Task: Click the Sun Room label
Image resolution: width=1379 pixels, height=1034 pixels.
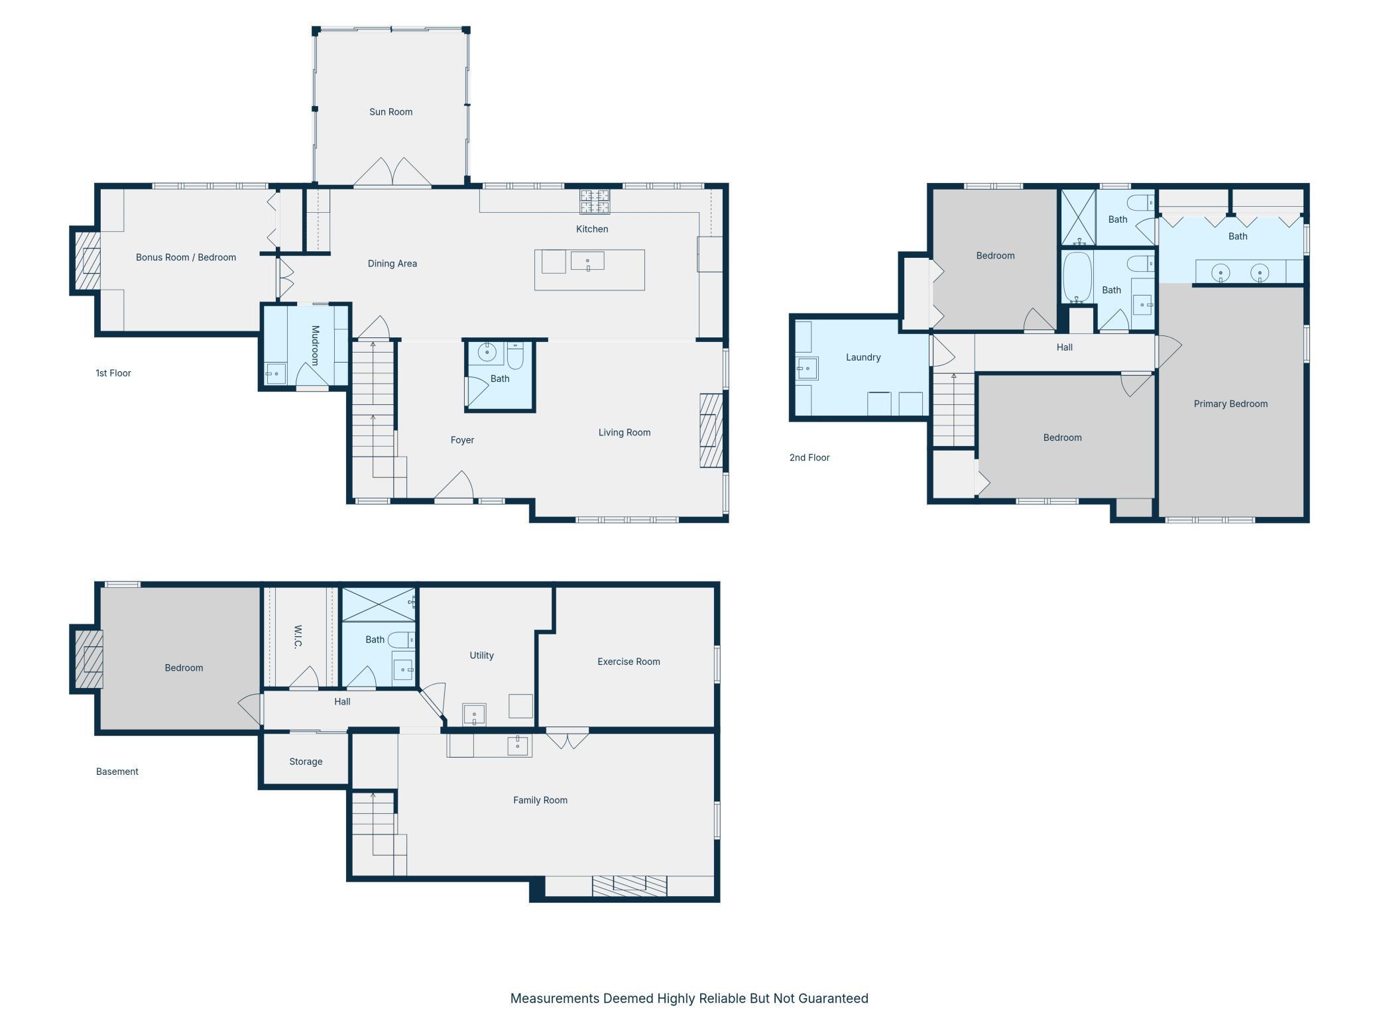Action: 390,112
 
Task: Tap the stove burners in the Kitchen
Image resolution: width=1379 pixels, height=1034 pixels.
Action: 595,201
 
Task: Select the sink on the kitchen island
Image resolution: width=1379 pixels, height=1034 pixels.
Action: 587,261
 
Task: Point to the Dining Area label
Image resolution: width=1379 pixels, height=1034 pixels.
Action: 392,264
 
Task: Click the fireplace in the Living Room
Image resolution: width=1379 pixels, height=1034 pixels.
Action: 711,431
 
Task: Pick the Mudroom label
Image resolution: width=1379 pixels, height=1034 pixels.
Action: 316,345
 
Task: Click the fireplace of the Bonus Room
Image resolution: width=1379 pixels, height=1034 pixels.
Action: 87,260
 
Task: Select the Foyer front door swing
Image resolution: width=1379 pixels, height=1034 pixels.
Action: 454,485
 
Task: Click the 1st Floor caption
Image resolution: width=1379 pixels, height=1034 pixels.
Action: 113,373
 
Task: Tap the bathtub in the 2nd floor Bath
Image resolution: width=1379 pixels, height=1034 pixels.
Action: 1077,277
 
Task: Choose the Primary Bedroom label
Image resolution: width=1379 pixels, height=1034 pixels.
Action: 1230,404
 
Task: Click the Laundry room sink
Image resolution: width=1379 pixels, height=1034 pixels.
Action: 807,368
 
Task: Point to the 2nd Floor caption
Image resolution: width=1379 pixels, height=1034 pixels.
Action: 809,457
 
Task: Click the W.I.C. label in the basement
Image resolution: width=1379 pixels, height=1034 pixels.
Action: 298,636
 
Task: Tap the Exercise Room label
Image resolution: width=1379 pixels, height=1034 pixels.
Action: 629,661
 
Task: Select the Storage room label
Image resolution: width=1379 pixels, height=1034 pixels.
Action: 306,762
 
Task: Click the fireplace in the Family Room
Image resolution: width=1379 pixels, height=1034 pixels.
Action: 629,886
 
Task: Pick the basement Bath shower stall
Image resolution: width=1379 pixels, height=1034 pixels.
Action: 379,604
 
